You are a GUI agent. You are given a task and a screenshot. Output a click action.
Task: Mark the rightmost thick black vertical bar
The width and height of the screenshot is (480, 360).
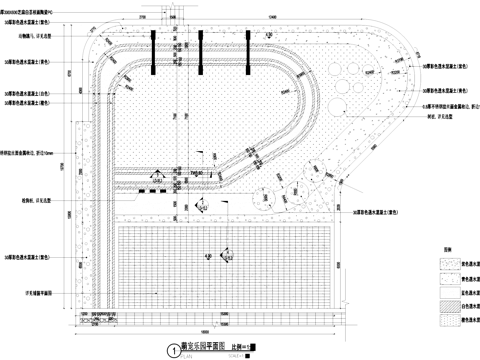(x=247, y=49)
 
